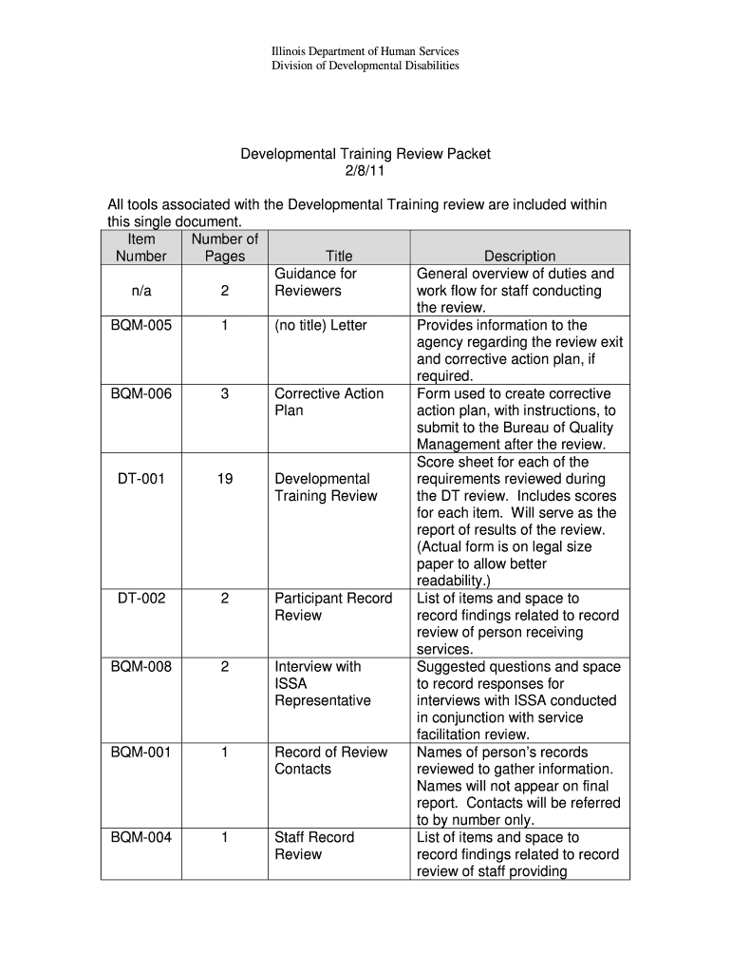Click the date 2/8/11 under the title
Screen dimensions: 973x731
click(365, 171)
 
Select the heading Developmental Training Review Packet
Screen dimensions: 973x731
click(365, 154)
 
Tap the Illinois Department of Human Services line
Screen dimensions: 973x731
click(365, 50)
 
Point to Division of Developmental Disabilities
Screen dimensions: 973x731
click(365, 66)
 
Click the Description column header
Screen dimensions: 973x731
click(519, 257)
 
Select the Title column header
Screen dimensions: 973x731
click(339, 257)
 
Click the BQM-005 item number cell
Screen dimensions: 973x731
click(141, 325)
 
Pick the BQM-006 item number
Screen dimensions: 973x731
click(141, 393)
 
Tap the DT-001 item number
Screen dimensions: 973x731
click(141, 479)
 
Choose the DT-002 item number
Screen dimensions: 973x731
click(141, 599)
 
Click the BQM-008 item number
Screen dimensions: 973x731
click(141, 667)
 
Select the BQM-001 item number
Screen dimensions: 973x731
click(141, 753)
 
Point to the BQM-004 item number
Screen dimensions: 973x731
click(141, 838)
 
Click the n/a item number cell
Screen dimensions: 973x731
click(141, 291)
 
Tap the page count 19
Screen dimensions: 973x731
click(224, 479)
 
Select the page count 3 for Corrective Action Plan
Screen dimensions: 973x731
click(224, 393)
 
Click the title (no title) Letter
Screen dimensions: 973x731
click(320, 325)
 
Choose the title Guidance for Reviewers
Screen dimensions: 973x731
click(315, 282)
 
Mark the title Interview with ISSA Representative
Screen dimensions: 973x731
click(322, 684)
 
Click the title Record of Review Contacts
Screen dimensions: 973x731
click(330, 761)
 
